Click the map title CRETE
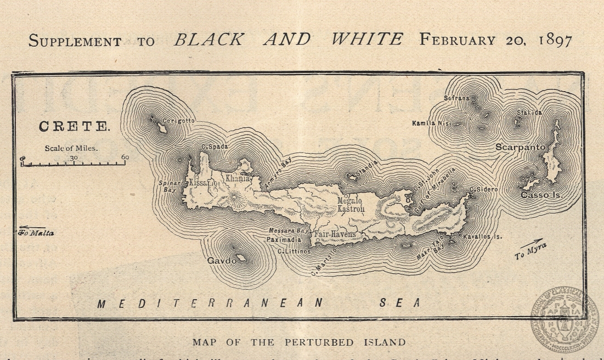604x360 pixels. click(74, 126)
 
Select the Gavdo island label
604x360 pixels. click(222, 261)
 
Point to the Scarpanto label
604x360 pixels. click(520, 147)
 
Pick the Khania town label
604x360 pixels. click(238, 178)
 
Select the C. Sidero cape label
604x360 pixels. click(483, 189)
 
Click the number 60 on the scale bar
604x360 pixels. click(125, 157)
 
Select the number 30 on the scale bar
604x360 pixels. click(74, 157)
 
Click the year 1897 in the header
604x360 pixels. click(549, 41)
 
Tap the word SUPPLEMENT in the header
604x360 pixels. click(75, 41)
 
